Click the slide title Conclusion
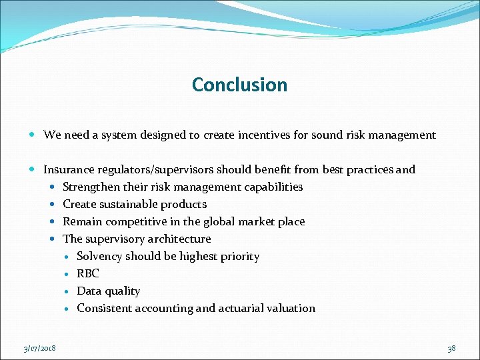[x=239, y=85]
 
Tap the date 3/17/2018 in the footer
[x=39, y=348]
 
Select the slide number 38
[x=451, y=348]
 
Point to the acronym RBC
[x=88, y=273]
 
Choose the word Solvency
[x=99, y=257]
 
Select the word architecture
[x=179, y=239]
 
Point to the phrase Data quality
[x=109, y=291]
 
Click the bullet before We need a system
[x=34, y=135]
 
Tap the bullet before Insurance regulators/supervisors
[x=34, y=170]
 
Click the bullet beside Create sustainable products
[x=53, y=205]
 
